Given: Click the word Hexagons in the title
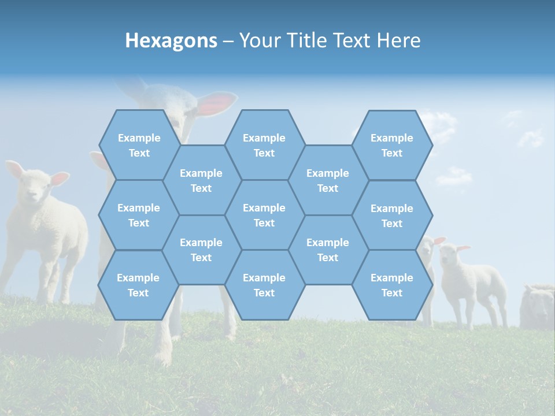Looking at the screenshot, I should click(x=171, y=40).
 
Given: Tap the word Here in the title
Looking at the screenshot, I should click(x=398, y=40).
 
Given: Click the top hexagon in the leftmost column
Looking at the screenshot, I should click(x=139, y=145).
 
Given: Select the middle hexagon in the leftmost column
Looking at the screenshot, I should click(x=139, y=215).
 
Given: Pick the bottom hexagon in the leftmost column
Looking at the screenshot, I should click(x=138, y=285).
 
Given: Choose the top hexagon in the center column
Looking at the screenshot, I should click(x=264, y=145).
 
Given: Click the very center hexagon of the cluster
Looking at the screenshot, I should click(x=264, y=215).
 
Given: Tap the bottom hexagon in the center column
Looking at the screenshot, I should click(x=264, y=285).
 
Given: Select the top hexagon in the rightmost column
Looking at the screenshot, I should click(x=392, y=145).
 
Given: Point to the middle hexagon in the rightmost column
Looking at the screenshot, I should click(x=392, y=216).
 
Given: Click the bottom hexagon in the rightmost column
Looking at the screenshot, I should click(x=392, y=285).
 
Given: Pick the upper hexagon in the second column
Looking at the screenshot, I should click(x=201, y=180).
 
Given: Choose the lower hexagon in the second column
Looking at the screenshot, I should click(x=201, y=250).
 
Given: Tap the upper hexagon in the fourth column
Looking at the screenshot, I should click(x=328, y=180).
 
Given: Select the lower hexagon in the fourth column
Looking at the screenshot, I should click(x=328, y=250).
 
